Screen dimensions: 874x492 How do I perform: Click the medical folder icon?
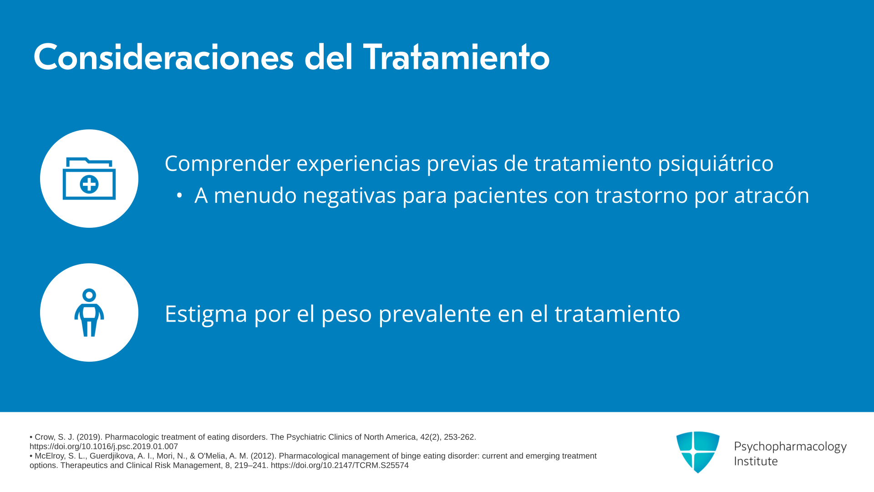click(x=89, y=179)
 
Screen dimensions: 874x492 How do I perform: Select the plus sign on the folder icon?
click(x=89, y=184)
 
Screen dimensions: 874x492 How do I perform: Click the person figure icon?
click(x=89, y=313)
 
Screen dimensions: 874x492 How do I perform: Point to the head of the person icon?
click(x=89, y=295)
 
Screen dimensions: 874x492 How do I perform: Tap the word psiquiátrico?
click(x=716, y=164)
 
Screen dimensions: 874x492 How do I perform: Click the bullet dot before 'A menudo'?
click(x=179, y=196)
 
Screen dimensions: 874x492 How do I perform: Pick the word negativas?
click(x=350, y=195)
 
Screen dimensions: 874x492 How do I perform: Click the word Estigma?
click(x=206, y=314)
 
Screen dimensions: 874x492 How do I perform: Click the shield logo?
click(x=698, y=452)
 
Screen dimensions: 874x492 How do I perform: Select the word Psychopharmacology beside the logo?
click(x=790, y=446)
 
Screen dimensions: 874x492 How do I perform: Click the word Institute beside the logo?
click(x=756, y=461)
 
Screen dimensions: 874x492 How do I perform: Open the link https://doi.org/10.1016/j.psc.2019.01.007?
click(x=104, y=447)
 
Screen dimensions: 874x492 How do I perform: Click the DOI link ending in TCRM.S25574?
click(x=340, y=466)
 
